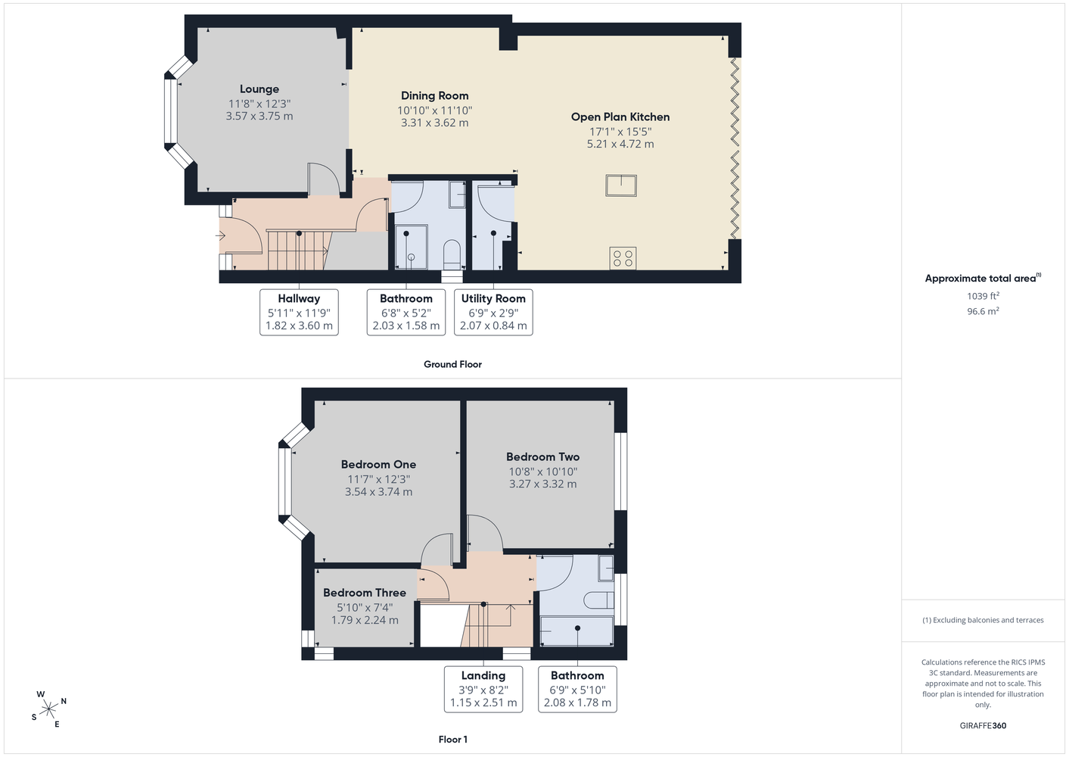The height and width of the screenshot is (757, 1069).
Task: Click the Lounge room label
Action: click(259, 89)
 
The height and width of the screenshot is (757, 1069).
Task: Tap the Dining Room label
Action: click(434, 95)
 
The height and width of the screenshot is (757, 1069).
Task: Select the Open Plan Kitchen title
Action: click(620, 117)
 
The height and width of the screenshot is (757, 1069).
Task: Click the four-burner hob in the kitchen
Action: click(623, 258)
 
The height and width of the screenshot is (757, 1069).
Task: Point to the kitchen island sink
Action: click(621, 185)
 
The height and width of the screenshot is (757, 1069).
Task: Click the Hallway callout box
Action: click(299, 312)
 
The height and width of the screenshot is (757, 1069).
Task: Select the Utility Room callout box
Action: click(493, 312)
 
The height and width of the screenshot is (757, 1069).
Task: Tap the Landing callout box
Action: click(483, 689)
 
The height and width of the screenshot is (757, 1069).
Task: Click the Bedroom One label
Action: click(378, 464)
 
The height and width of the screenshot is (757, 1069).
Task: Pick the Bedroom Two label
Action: click(542, 456)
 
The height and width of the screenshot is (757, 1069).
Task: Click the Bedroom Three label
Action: click(365, 593)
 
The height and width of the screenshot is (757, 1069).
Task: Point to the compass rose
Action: click(48, 709)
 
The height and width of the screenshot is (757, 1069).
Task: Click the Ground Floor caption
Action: click(452, 364)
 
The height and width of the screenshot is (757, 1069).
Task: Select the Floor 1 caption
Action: click(453, 740)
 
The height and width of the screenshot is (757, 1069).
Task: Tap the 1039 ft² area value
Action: click(983, 296)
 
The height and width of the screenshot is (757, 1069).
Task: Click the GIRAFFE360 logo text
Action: click(983, 725)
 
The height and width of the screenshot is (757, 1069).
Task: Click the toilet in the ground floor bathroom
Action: click(452, 255)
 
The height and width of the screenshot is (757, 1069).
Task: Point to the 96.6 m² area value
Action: click(983, 311)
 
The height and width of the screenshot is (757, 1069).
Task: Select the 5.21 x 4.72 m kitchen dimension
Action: click(620, 144)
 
